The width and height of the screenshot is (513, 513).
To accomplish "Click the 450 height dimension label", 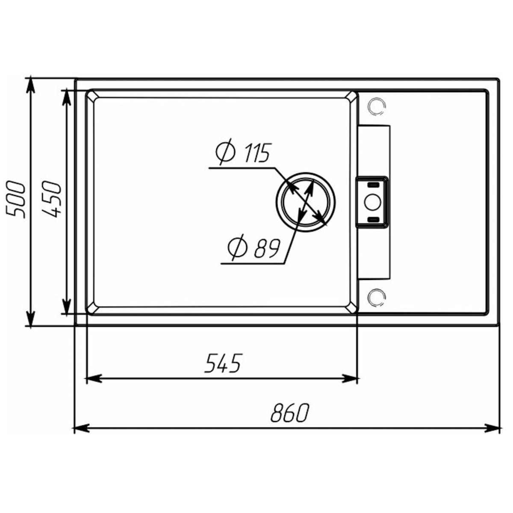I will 53,200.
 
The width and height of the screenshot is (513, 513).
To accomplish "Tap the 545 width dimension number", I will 223,363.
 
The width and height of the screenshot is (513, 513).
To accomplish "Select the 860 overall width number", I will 289,413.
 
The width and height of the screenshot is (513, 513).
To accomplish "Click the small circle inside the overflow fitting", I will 372,201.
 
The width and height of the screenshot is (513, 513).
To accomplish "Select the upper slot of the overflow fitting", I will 373,185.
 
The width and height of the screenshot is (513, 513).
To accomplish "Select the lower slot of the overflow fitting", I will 373,219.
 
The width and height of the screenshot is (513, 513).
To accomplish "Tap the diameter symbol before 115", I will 225,152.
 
